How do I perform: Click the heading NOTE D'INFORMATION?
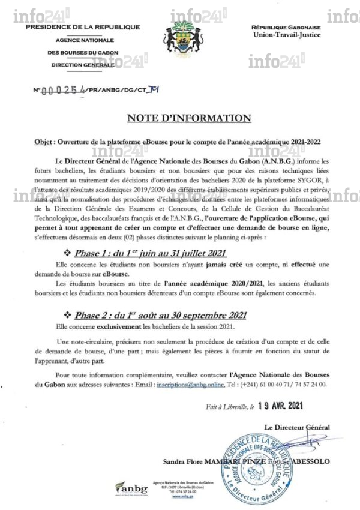click(180, 117)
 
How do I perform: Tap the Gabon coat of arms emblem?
click(179, 35)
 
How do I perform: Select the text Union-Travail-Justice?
click(287, 35)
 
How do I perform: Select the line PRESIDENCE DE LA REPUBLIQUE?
click(83, 27)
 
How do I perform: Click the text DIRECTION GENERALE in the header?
click(82, 64)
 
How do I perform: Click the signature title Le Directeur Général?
click(297, 427)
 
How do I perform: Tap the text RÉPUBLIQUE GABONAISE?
click(286, 27)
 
